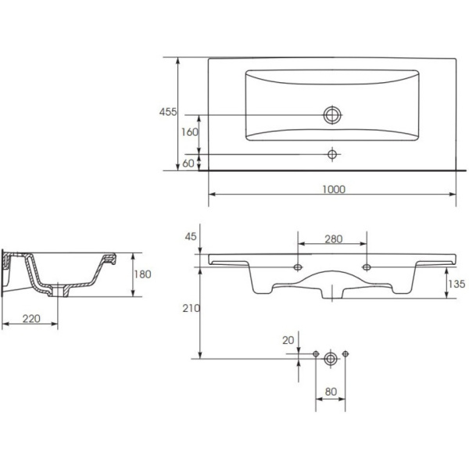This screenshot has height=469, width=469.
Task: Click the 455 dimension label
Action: [168, 112]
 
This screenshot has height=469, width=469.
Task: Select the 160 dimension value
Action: [190, 132]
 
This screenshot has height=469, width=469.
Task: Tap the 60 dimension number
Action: [188, 163]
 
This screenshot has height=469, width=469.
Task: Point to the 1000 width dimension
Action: [334, 189]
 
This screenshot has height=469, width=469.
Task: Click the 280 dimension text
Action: [334, 238]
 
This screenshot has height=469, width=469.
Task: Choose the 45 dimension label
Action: [191, 237]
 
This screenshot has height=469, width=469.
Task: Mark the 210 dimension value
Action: [192, 308]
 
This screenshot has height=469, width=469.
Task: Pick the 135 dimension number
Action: [456, 284]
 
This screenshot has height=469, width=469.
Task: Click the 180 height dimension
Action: [142, 274]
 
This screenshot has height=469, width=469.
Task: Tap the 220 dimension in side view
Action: [31, 319]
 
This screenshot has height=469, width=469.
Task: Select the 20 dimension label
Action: [288, 340]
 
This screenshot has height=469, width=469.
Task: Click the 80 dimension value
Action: [331, 392]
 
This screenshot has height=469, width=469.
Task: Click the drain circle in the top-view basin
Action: [332, 115]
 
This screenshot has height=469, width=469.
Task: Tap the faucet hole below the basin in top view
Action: [332, 155]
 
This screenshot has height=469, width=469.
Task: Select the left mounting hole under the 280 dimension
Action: [298, 267]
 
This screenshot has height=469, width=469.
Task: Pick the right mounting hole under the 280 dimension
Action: [367, 267]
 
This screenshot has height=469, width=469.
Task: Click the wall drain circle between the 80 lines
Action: [331, 358]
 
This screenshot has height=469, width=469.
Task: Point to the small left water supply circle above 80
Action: [316, 354]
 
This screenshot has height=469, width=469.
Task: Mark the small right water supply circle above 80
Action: [345, 354]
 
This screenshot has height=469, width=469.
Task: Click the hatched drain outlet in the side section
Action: [59, 291]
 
